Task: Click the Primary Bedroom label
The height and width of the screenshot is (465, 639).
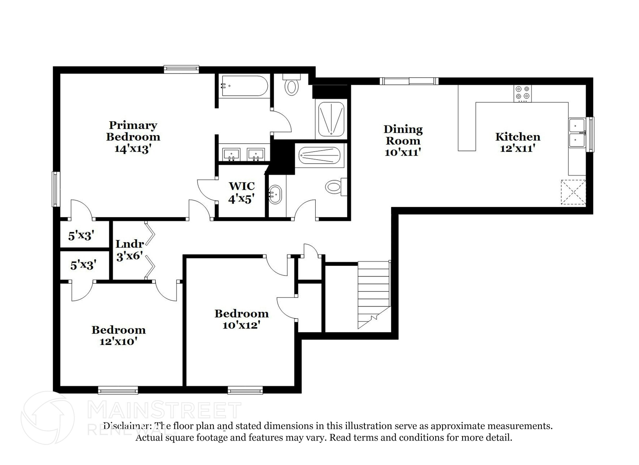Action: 133,137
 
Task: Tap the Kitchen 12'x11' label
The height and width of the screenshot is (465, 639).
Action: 518,142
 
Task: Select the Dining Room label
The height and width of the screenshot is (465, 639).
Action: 403,140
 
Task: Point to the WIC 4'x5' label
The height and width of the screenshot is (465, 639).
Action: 241,192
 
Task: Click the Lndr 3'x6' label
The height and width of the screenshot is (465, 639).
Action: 129,250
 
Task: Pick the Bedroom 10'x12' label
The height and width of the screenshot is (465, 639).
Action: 241,319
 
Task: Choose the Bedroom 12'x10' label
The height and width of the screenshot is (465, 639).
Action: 119,335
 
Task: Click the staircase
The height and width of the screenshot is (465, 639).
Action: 374,294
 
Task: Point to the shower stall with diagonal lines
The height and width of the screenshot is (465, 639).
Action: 331,119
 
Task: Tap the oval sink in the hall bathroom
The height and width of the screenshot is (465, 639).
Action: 275,195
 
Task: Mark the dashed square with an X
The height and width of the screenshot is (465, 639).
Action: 573,192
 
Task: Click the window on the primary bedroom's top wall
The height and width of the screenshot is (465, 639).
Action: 181,69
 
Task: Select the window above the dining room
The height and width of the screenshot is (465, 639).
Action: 409,81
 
